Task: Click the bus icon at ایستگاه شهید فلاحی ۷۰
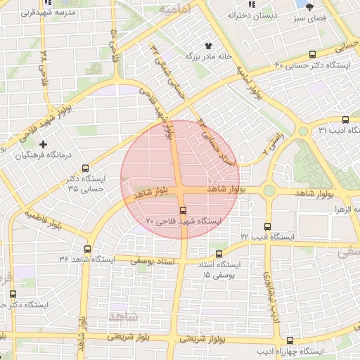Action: pyautogui.click(x=184, y=209)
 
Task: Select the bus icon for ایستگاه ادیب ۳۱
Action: pyautogui.click(x=345, y=120)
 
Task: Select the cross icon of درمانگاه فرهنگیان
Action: pyautogui.click(x=44, y=144)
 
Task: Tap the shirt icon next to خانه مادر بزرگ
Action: pyautogui.click(x=207, y=44)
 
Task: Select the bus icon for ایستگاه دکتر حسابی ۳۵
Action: pyautogui.click(x=85, y=168)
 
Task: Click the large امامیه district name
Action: pyautogui.click(x=176, y=11)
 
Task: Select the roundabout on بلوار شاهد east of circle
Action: pyautogui.click(x=269, y=191)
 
